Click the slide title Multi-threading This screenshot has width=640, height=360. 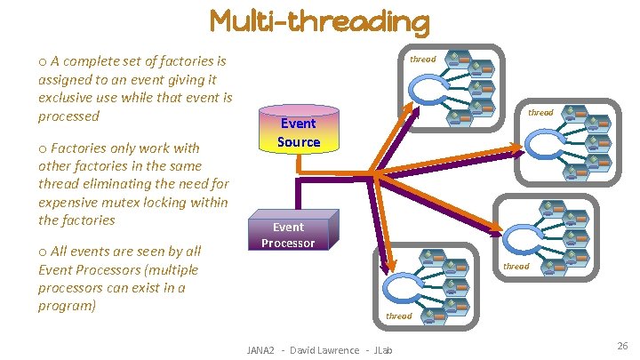tap(319, 21)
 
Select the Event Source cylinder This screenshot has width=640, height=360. tap(299, 132)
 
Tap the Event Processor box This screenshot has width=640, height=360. tap(288, 235)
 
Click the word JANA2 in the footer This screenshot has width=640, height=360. tap(264, 350)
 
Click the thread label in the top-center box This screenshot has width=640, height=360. tap(422, 60)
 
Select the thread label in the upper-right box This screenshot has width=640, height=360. tap(540, 113)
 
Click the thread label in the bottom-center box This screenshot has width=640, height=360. tap(398, 316)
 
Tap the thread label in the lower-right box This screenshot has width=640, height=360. tap(516, 266)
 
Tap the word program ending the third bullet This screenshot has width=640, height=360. tap(67, 306)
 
